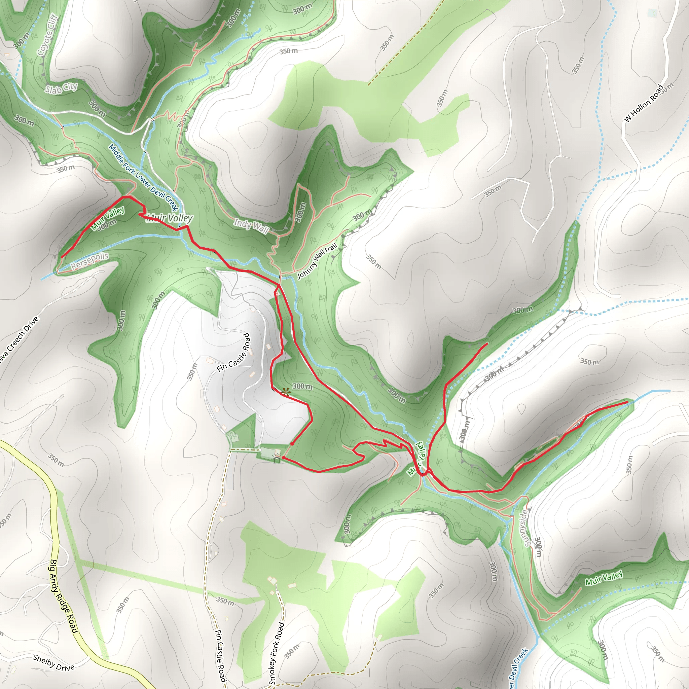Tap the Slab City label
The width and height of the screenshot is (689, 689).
point(61,88)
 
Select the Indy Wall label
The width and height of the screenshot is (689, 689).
point(251,226)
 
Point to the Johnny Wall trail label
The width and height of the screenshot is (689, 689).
point(317,261)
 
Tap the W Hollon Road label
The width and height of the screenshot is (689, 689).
point(644,103)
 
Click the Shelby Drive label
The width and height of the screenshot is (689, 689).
point(53,662)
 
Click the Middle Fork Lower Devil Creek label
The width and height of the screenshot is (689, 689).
point(143,177)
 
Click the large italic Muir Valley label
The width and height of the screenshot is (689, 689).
point(170,218)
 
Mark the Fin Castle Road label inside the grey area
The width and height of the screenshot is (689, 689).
point(233,352)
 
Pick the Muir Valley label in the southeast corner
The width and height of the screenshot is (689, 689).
point(604,577)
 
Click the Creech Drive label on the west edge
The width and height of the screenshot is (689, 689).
point(18,342)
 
